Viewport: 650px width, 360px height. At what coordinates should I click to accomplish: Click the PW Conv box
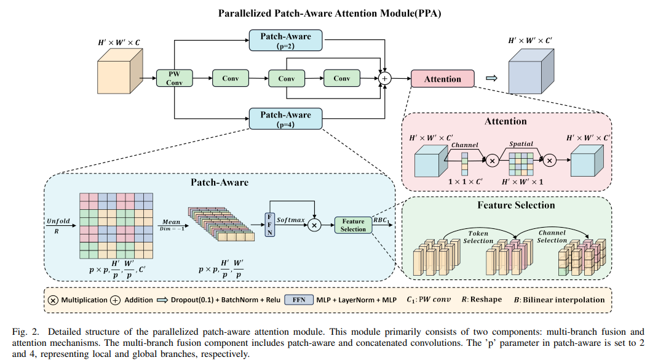[x=175, y=78]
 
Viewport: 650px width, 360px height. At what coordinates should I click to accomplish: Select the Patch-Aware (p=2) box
[x=285, y=40]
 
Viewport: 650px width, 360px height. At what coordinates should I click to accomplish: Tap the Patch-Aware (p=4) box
[x=285, y=119]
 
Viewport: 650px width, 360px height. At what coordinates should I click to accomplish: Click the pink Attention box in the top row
[x=442, y=79]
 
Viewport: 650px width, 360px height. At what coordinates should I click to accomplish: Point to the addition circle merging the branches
[x=385, y=79]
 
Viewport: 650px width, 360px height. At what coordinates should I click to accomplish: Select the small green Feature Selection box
[x=354, y=225]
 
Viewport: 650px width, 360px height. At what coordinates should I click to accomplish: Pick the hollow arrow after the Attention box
[x=491, y=79]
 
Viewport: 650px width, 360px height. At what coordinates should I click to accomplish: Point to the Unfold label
[x=58, y=220]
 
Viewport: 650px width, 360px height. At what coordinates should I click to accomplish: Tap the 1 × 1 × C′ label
[x=465, y=183]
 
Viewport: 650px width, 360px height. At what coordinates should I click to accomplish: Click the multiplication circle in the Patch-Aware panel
[x=315, y=225]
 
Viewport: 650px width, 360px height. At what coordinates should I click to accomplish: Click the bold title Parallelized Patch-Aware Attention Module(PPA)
[x=325, y=12]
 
